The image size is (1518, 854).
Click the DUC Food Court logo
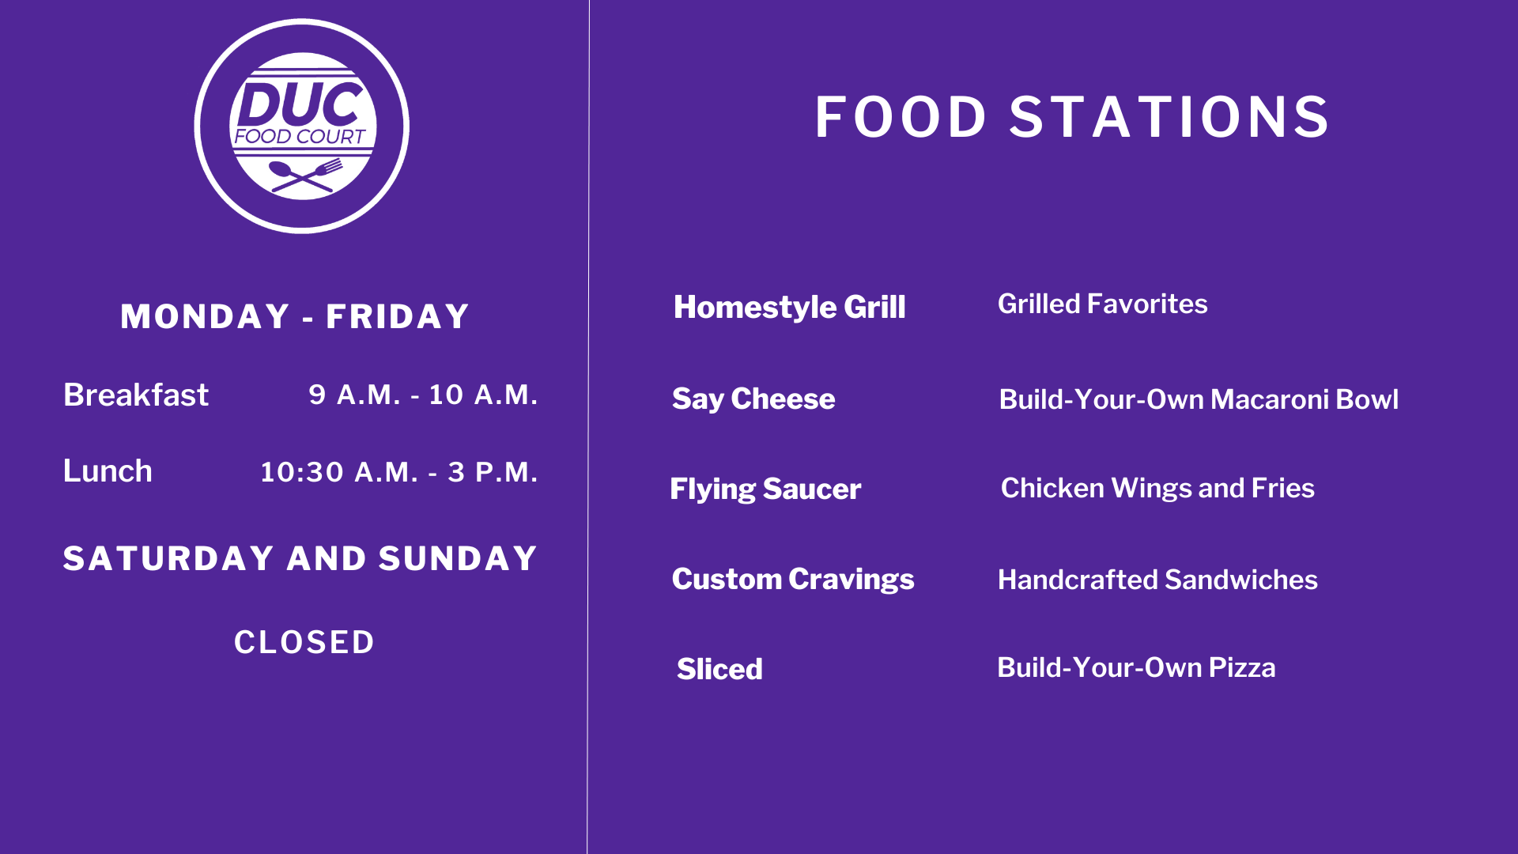tap(301, 126)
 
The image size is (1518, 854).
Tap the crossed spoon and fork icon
tap(305, 175)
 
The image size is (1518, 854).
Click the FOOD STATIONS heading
tap(1072, 117)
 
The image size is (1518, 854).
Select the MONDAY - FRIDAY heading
tap(295, 316)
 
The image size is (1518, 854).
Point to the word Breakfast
tap(136, 395)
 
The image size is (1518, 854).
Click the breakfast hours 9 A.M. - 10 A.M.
tap(423, 395)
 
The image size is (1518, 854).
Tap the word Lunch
tap(108, 471)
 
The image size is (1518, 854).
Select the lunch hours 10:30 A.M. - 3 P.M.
tap(399, 472)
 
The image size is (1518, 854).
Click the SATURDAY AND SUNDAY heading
tap(300, 558)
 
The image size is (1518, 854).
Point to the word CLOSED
tap(304, 642)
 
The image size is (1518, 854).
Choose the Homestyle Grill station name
tap(789, 308)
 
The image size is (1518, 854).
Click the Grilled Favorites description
tap(1103, 304)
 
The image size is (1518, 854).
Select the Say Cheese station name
tap(753, 399)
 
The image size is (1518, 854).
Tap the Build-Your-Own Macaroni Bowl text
tap(1199, 399)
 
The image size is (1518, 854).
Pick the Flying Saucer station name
tap(765, 489)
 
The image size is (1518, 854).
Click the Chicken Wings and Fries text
tap(1157, 488)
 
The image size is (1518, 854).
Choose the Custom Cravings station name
tap(793, 580)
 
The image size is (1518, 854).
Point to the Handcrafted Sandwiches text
tap(1157, 580)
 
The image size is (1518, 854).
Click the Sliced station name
tap(719, 670)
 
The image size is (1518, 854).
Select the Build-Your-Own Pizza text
tap(1136, 668)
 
